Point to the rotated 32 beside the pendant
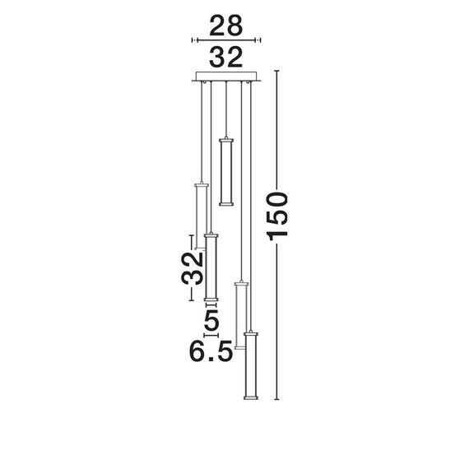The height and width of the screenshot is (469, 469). [x=192, y=267]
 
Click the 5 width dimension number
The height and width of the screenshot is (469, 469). [x=211, y=317]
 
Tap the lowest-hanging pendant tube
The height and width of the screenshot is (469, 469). [x=249, y=365]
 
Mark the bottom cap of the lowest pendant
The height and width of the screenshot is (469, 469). [x=249, y=398]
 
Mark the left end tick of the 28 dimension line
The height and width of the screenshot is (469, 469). [x=193, y=39]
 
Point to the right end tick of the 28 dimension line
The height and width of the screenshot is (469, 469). [x=259, y=39]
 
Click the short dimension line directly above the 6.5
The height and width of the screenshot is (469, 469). [x=211, y=335]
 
